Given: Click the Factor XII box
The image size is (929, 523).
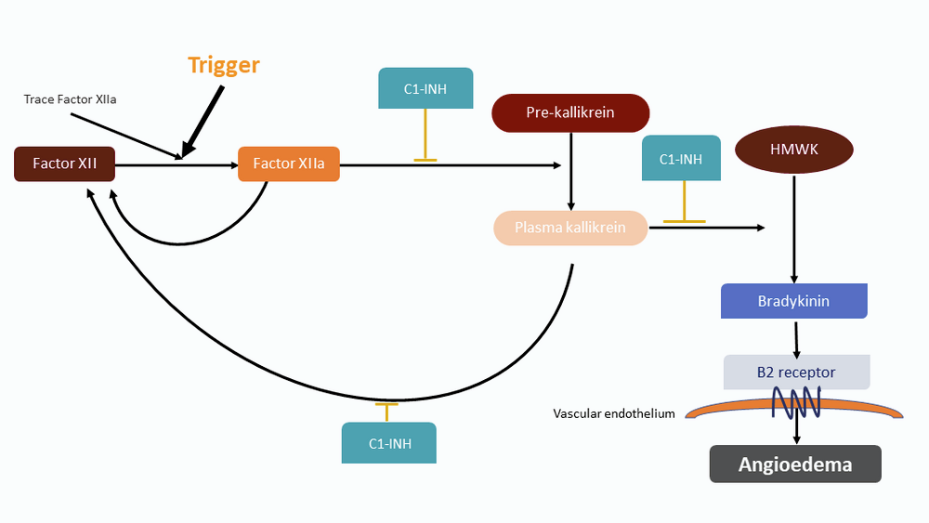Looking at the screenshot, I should (65, 164).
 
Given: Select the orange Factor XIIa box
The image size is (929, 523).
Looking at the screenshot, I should (289, 164).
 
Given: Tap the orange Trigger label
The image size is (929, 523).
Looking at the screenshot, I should (224, 65).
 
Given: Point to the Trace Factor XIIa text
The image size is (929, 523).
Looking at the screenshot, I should (71, 98).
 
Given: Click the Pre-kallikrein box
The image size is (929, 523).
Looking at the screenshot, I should (570, 112).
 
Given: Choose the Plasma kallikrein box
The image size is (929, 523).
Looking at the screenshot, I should (570, 228).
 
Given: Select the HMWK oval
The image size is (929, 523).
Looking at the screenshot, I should (793, 150).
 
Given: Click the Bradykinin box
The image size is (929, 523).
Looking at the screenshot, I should (793, 302).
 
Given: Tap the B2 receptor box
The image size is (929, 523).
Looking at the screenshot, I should (796, 373).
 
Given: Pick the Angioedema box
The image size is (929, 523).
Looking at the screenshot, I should (795, 464).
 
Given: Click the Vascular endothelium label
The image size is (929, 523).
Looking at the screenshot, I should (614, 414).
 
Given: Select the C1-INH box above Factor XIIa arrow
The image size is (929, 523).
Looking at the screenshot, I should (425, 89).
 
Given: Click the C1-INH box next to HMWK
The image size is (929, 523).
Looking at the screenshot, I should (680, 158).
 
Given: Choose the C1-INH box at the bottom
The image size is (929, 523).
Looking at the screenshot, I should (389, 443).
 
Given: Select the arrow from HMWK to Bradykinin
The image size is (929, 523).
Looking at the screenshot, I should (793, 228).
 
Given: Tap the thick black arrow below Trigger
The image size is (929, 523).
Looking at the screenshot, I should (204, 120).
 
